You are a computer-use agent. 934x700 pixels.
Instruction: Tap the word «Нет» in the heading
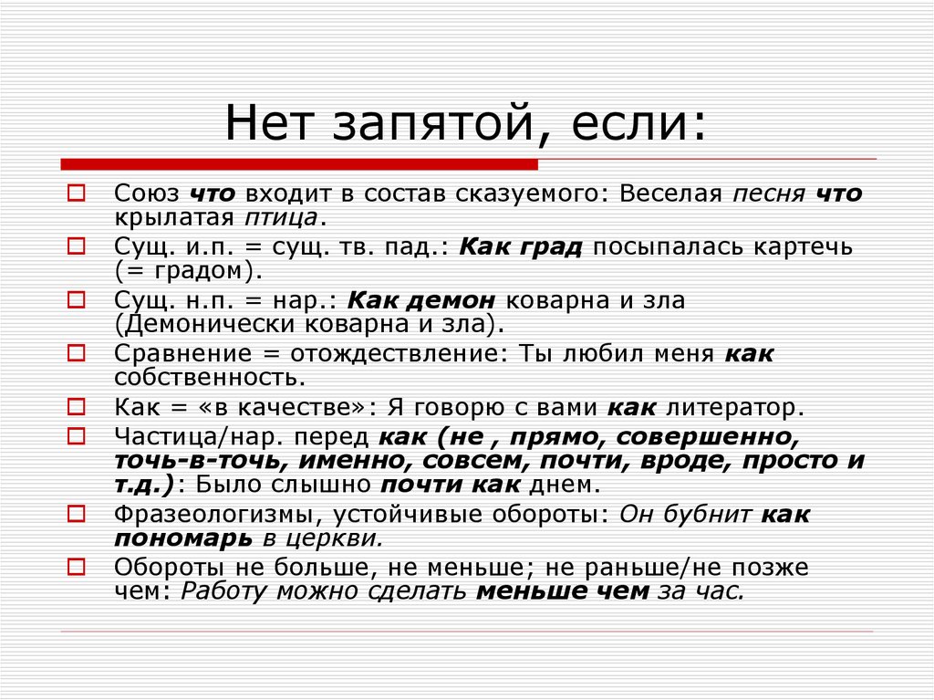[269, 123]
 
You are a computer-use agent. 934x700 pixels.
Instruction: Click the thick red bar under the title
[299, 164]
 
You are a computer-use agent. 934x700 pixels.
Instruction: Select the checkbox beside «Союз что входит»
[77, 193]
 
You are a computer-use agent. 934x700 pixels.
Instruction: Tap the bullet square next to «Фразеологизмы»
[77, 514]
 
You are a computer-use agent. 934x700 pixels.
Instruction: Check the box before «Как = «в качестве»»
[77, 407]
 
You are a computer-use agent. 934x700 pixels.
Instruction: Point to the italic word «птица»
[281, 218]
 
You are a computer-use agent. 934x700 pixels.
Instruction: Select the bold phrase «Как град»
[521, 246]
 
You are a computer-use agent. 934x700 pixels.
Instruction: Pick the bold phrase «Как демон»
[421, 300]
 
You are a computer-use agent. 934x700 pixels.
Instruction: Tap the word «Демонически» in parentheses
[211, 324]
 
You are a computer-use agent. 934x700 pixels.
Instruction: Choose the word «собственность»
[206, 378]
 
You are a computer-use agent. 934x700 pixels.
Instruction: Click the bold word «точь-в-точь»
[197, 461]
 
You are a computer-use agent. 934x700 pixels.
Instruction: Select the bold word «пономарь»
[183, 538]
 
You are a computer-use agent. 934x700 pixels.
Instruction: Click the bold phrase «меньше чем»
[563, 591]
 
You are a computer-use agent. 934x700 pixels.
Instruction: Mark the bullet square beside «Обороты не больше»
[77, 567]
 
